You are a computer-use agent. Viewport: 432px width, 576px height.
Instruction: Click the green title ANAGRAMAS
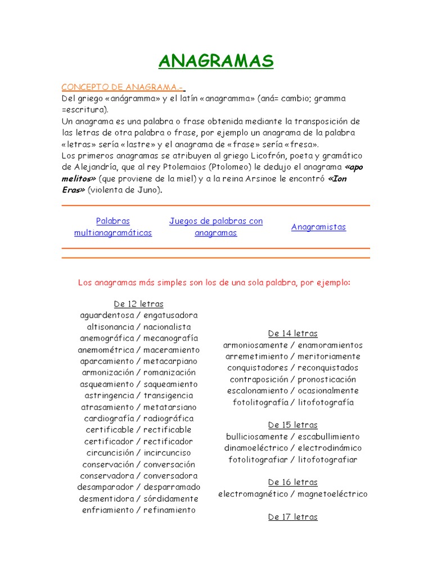click(x=215, y=61)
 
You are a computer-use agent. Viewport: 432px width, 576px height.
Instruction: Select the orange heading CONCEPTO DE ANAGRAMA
click(x=122, y=87)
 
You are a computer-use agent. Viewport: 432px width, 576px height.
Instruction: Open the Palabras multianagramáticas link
click(x=113, y=227)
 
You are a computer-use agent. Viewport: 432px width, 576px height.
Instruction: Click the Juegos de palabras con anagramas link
click(x=216, y=227)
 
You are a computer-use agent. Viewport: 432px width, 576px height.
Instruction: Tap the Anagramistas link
click(x=318, y=227)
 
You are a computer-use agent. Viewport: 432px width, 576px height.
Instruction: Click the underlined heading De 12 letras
click(x=138, y=304)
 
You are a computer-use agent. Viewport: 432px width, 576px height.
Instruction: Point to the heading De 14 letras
click(x=292, y=334)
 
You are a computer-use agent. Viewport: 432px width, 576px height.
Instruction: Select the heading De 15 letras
click(x=292, y=425)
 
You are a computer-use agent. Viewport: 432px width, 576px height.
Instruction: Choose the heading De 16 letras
click(x=292, y=483)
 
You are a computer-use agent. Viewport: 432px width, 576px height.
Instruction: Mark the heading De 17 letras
click(x=292, y=517)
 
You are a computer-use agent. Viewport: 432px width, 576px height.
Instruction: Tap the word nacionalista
click(x=167, y=327)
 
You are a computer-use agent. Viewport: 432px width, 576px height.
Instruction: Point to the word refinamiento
click(x=169, y=510)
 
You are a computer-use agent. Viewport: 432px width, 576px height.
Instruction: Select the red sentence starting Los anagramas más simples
click(x=214, y=282)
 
